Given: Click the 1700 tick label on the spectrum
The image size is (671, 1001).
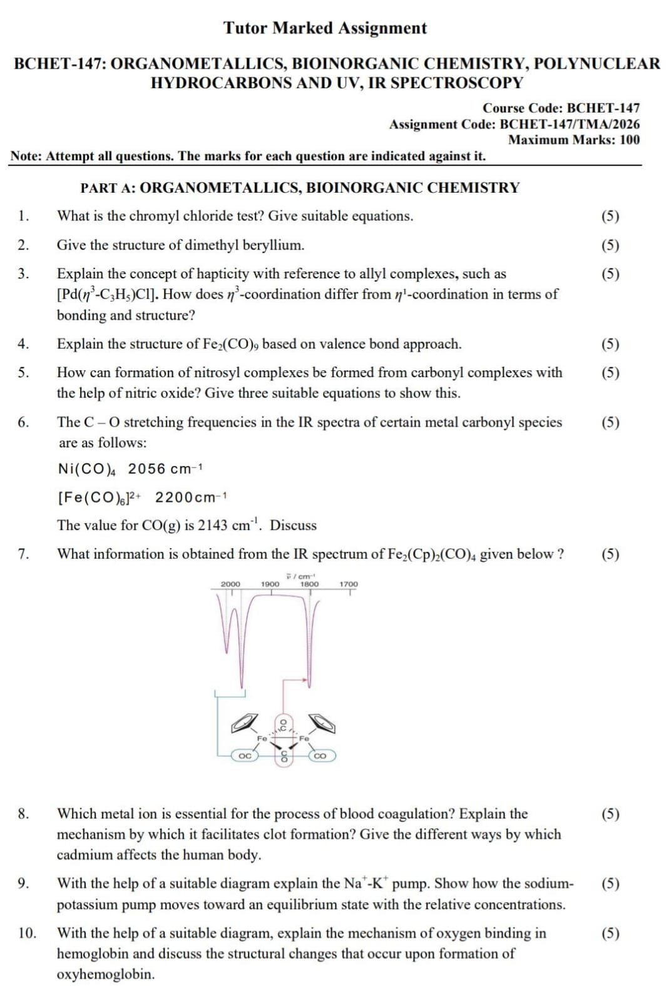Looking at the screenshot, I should click(x=349, y=584).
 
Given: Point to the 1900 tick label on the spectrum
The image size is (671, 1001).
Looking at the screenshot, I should click(x=270, y=584).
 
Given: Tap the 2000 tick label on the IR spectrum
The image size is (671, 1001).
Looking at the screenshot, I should click(x=230, y=584).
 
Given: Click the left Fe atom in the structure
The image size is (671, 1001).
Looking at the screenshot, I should click(x=262, y=738).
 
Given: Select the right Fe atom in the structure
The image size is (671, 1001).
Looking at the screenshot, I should click(x=304, y=738).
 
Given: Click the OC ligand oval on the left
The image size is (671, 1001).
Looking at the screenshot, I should click(x=245, y=756).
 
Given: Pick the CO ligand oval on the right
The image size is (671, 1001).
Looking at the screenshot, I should click(x=320, y=756).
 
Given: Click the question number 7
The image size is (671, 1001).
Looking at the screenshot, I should click(x=23, y=554).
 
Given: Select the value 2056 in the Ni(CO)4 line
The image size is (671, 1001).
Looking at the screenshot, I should click(x=147, y=469).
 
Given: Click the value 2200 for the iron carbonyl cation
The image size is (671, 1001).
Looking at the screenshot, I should click(x=174, y=497).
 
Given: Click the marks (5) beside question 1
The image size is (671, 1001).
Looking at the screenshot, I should click(x=610, y=216).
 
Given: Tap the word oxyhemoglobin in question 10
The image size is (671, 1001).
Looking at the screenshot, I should click(x=105, y=974).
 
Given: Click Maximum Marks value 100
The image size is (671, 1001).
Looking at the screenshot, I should click(x=629, y=140).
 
